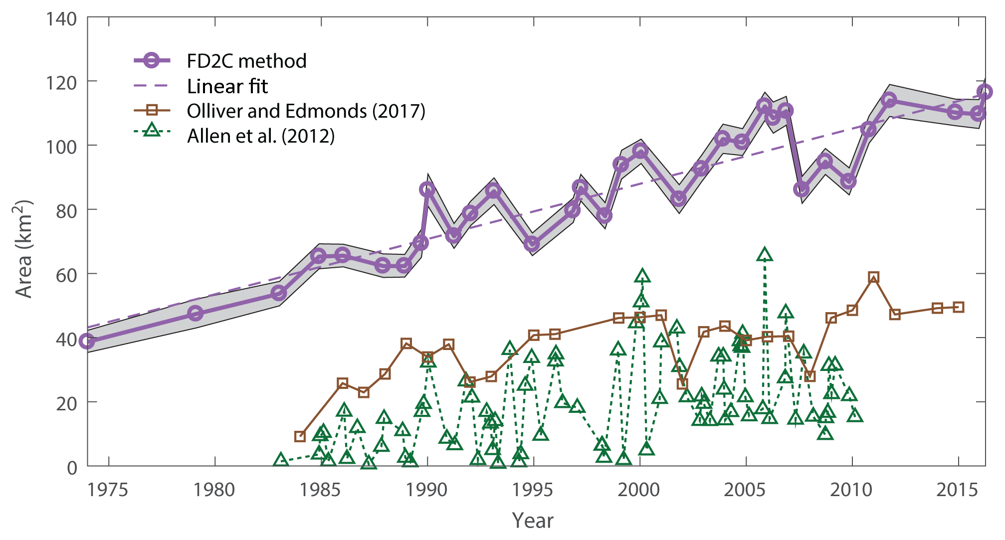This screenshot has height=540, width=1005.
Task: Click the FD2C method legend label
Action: [x=246, y=61]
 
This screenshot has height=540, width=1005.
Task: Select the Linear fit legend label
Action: [x=227, y=86]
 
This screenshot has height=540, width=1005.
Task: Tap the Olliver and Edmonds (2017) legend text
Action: [x=306, y=111]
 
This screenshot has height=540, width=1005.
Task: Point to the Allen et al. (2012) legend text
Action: [x=261, y=136]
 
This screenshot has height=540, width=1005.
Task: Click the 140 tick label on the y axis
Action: [x=61, y=19]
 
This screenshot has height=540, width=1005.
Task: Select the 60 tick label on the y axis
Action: [x=66, y=275]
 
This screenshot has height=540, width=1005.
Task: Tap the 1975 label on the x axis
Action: [x=108, y=490]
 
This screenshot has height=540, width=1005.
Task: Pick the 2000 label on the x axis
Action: [x=638, y=490]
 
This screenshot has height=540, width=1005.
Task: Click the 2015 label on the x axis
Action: [x=957, y=490]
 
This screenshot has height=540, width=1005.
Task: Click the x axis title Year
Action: [x=533, y=521]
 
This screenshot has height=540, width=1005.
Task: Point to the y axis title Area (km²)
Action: [x=24, y=249]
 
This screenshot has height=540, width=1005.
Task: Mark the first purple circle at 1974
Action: [x=87, y=341]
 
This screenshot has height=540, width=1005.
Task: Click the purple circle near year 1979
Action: [x=195, y=314]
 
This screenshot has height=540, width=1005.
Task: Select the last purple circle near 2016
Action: [x=985, y=92]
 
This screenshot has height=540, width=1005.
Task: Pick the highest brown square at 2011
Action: [x=873, y=277]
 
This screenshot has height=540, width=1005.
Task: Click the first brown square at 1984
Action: [x=300, y=437]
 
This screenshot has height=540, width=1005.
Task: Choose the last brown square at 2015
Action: [x=958, y=307]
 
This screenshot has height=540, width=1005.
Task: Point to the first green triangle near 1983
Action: [x=281, y=460]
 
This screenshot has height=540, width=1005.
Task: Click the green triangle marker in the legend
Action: [x=152, y=131]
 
